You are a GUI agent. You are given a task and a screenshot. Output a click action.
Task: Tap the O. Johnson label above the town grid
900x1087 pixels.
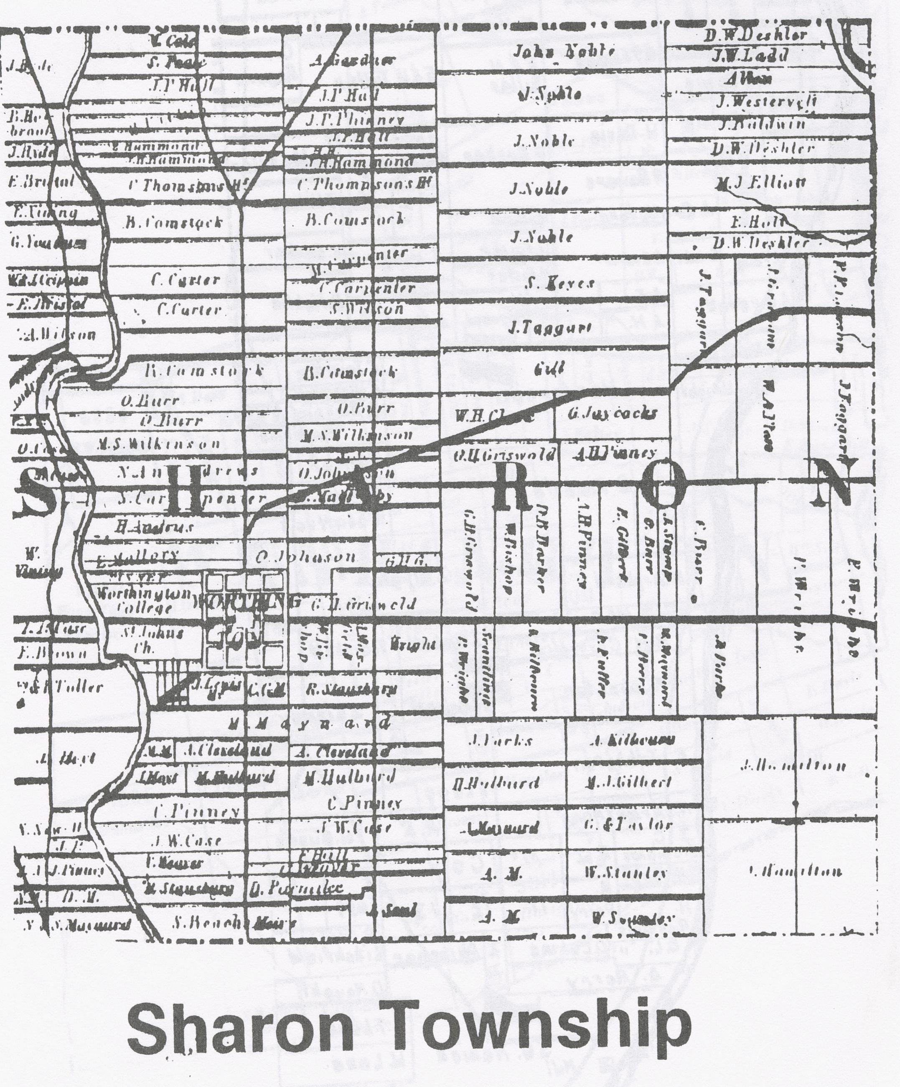[305, 558]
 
